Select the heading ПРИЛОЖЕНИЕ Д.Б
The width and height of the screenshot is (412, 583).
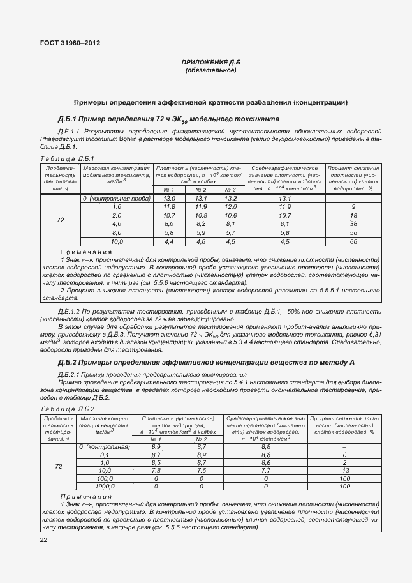[x=210, y=63]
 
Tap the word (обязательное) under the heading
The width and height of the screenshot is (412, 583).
[x=210, y=70]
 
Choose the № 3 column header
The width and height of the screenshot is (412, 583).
[x=230, y=190]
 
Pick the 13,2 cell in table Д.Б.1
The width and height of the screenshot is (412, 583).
[x=230, y=199]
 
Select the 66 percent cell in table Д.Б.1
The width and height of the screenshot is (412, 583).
[x=353, y=242]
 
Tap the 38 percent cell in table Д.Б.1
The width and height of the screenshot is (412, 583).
[x=353, y=225]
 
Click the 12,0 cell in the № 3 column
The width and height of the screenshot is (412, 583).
[x=230, y=208]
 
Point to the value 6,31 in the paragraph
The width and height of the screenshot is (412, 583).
[x=376, y=334]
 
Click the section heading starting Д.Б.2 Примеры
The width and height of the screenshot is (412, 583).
[x=206, y=363]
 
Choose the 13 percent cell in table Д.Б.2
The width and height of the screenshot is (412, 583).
[x=344, y=470]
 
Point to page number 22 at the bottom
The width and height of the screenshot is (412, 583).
[x=44, y=540]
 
